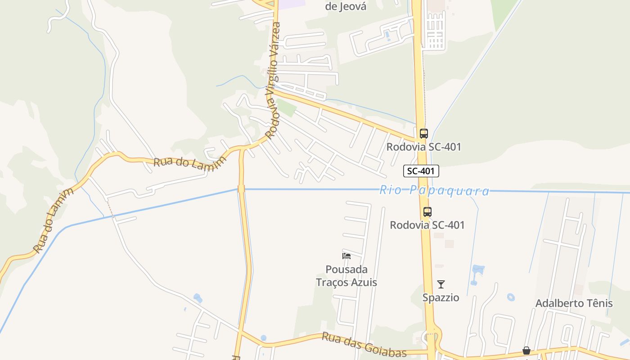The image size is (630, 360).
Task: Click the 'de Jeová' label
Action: [346, 6]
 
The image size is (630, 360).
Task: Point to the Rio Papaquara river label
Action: [434, 190]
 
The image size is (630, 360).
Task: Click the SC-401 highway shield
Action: [421, 171]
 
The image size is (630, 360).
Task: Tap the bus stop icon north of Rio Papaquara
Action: [423, 133]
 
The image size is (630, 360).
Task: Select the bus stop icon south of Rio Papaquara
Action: [427, 211]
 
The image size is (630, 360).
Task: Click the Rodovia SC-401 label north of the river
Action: [423, 147]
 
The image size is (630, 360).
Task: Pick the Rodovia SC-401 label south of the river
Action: [427, 225]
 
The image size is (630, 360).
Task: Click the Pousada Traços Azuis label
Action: [346, 276]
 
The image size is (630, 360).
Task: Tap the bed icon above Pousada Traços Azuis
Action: [346, 256]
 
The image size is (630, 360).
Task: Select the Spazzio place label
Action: [441, 297]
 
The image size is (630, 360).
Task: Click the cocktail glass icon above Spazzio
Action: [441, 284]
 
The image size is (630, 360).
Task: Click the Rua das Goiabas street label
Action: [364, 345]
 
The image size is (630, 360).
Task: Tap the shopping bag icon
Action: [526, 351]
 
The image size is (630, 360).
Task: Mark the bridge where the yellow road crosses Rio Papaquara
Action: [241, 189]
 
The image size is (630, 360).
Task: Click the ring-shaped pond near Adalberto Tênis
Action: [510, 297]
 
